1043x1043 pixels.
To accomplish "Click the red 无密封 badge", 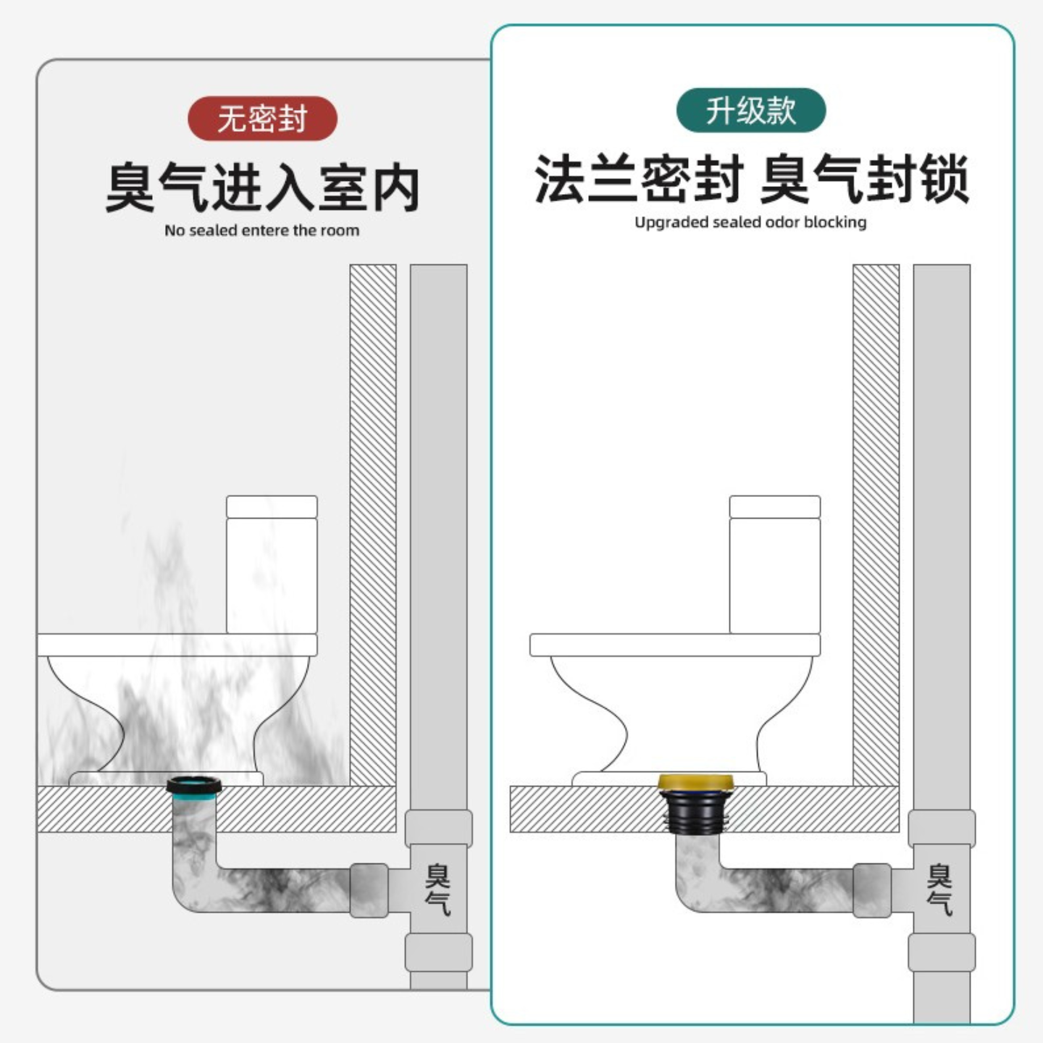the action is pos(262,118).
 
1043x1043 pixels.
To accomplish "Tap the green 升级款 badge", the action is pos(751,110).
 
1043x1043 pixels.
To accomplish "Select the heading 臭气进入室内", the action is pos(262,188).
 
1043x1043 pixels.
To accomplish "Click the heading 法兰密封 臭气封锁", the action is pos(751,179).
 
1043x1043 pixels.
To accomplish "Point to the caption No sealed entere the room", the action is pos(261,230).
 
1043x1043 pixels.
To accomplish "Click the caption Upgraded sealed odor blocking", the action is pos(750,222).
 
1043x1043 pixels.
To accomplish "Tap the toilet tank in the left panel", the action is pos(272,565).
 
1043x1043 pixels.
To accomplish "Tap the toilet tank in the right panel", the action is pos(774,565).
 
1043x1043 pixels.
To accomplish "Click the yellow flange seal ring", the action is pos(695,782).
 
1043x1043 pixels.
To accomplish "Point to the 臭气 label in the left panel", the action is pos(437,889).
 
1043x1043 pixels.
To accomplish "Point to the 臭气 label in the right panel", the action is pos(939,889).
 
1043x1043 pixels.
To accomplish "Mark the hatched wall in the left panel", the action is pos(373,521).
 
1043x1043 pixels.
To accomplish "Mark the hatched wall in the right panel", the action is pos(876,521).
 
